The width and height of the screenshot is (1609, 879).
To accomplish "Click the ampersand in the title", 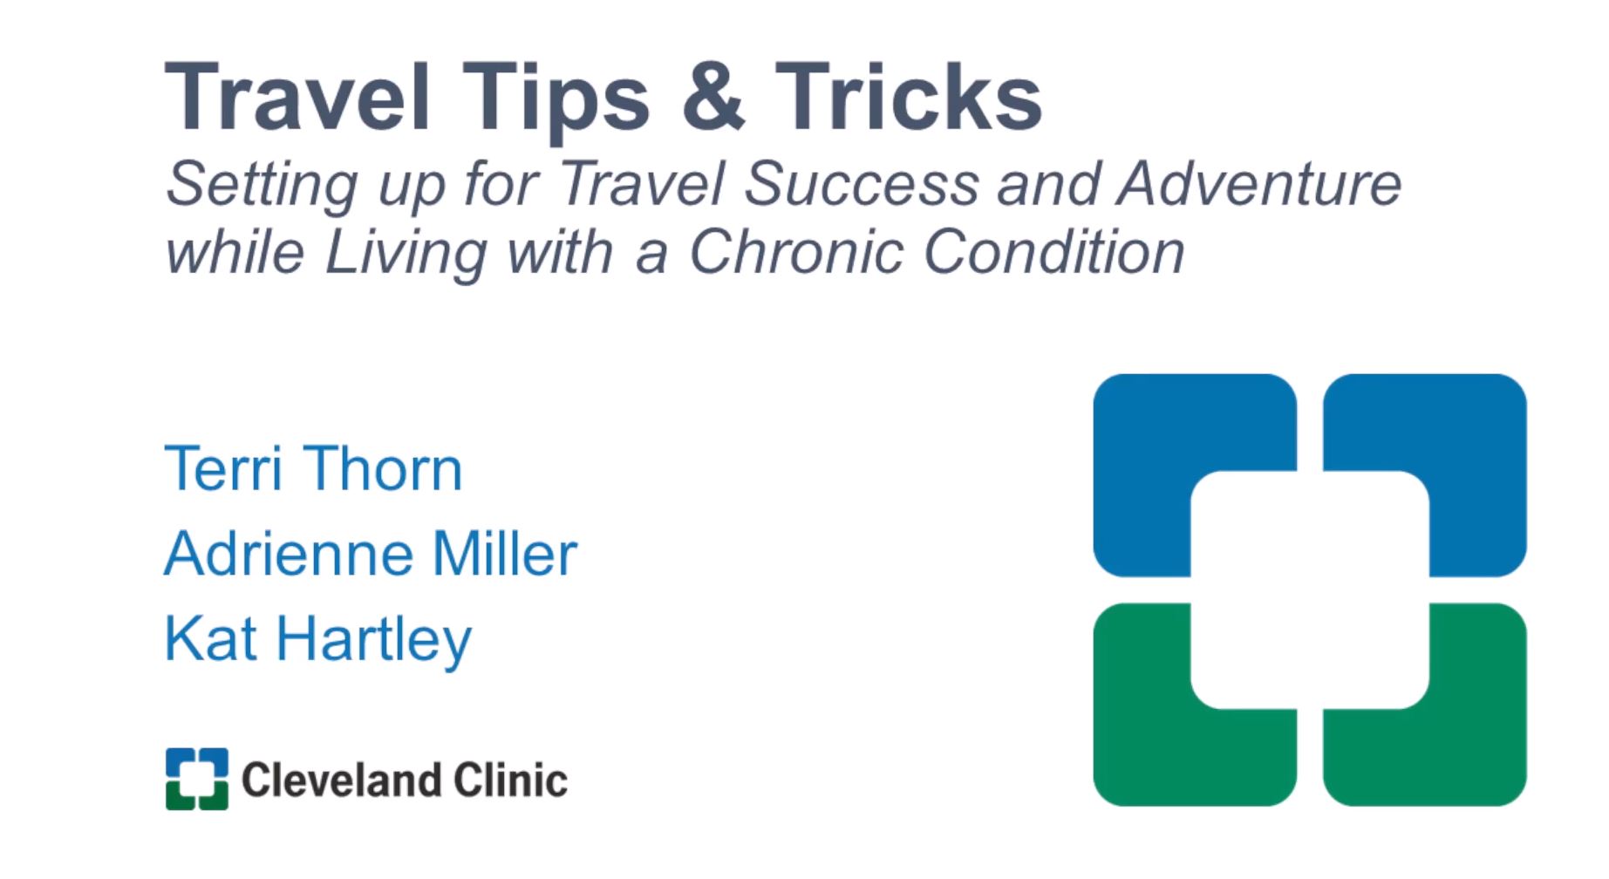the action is (712, 96).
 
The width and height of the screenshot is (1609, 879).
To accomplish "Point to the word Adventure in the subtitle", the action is (1258, 184).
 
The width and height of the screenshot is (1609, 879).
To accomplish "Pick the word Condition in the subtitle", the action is (1053, 252).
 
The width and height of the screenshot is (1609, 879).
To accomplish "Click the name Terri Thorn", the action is (313, 469).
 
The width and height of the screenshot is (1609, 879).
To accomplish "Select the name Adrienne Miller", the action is (371, 554).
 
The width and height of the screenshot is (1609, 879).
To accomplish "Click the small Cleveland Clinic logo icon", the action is (197, 779).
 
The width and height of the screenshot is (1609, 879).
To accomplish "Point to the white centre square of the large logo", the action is (1310, 590).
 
